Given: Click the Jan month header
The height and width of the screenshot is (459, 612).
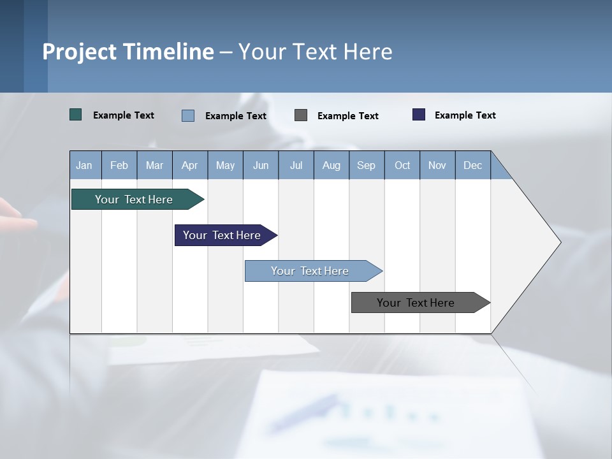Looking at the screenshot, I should [85, 165].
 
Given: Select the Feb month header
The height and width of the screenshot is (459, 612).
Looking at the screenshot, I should [119, 165].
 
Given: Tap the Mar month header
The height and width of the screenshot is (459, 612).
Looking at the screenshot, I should [154, 165].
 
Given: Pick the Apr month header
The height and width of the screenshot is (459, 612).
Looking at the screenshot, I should [190, 165].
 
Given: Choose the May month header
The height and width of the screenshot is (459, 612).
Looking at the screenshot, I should [225, 165].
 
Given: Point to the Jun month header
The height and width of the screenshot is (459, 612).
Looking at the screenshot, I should [261, 165].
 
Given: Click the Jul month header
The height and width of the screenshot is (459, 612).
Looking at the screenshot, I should [296, 165].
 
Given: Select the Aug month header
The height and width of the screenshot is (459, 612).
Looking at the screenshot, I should [331, 165].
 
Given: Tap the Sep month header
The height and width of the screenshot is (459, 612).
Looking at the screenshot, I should [367, 165].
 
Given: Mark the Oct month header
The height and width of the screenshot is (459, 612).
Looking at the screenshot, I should [402, 165].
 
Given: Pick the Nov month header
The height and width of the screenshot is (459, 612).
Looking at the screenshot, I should [437, 165].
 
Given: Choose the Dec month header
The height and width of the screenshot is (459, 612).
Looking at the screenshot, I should [473, 165].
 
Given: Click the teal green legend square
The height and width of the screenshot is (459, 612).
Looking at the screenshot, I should [76, 115].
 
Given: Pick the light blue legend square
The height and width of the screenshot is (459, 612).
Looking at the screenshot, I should [188, 115].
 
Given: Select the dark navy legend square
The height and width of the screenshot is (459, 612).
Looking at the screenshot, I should [419, 115].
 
